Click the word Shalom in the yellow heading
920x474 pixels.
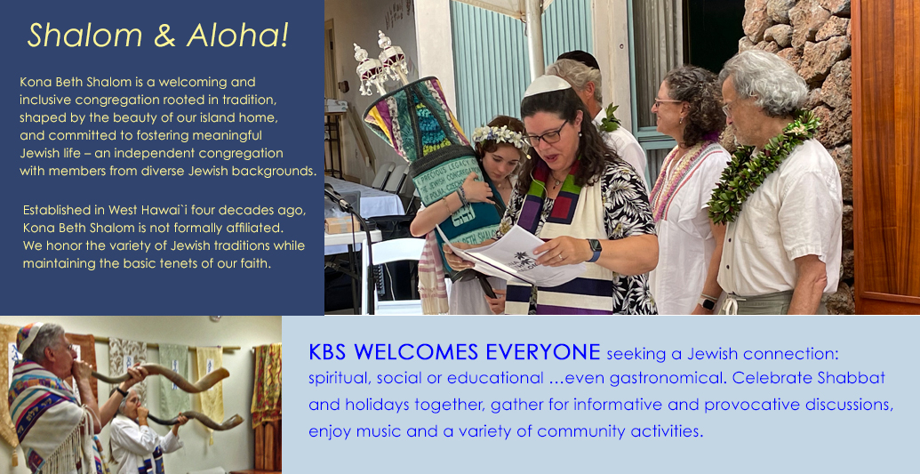85,36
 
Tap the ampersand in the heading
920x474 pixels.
164,36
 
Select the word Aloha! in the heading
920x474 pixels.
237,36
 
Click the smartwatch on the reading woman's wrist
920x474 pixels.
595,250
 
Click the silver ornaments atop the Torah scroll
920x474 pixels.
380,61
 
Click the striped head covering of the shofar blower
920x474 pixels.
28,336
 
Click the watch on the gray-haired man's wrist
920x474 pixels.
707,302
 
